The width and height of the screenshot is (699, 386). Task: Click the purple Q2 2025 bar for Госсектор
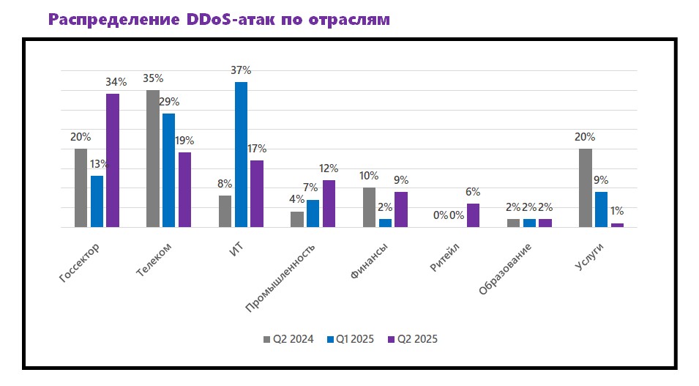[112, 160]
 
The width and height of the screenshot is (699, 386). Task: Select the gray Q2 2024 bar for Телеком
[153, 158]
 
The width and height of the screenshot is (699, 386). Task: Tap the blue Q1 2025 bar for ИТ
[240, 155]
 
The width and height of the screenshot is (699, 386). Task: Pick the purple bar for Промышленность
[329, 204]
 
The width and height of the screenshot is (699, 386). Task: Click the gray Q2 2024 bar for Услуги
[585, 188]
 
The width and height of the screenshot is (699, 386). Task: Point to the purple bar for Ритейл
[473, 215]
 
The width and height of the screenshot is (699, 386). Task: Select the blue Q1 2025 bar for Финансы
[385, 223]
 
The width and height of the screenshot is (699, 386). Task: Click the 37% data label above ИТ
[241, 70]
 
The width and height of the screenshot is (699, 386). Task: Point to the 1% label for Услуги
[617, 212]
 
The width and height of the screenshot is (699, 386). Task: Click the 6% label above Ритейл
[473, 192]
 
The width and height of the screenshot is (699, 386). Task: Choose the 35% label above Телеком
[153, 78]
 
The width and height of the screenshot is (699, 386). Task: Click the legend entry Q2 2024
[288, 339]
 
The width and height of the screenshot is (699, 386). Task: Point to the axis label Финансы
[369, 262]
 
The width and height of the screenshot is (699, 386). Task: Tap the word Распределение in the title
[114, 20]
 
